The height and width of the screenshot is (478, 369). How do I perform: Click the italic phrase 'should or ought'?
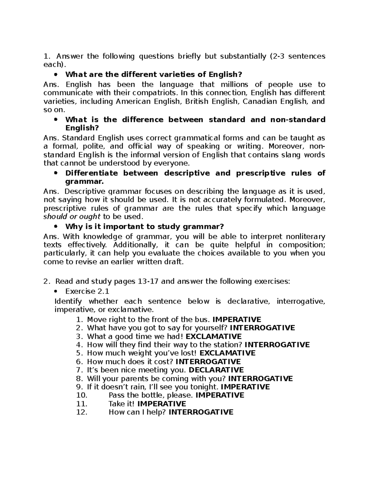point(72,216)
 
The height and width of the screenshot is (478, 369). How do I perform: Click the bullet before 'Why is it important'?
point(56,227)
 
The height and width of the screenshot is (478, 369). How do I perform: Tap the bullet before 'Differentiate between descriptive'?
point(56,173)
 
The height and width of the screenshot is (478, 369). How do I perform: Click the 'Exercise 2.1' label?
point(87,291)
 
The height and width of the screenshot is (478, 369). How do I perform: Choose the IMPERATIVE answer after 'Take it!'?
point(161,404)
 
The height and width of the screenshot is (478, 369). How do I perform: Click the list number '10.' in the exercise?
point(81,395)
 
